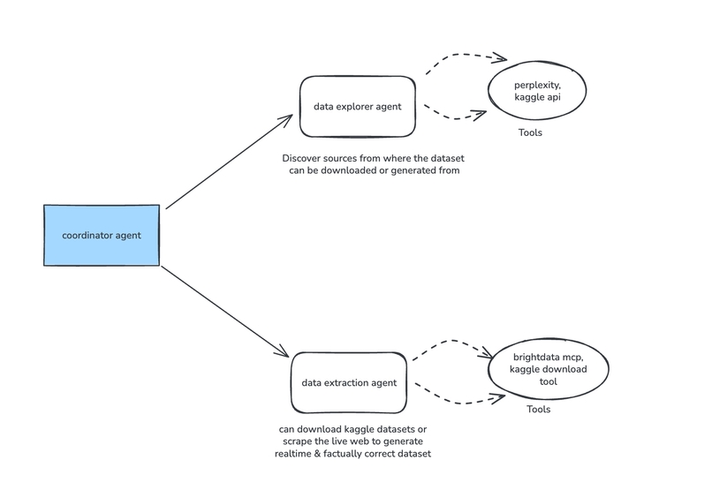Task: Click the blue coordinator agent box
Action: tap(102, 235)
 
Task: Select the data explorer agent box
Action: tap(357, 106)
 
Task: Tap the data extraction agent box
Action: tap(349, 383)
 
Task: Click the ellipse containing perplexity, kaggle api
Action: tap(537, 91)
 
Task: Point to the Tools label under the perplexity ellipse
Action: tap(530, 133)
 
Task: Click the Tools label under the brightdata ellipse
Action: tap(538, 410)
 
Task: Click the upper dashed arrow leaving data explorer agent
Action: tap(464, 58)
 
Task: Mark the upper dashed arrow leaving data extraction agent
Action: tap(451, 343)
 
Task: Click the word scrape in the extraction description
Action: tap(296, 441)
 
